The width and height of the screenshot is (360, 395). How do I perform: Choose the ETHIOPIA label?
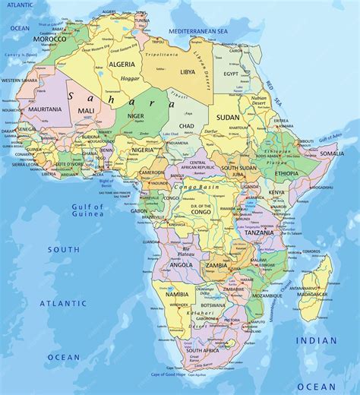(x=286, y=173)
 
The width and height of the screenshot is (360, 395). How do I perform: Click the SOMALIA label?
(x=331, y=153)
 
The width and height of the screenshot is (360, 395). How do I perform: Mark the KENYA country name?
(x=277, y=193)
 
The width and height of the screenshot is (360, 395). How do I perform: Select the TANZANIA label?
(x=259, y=232)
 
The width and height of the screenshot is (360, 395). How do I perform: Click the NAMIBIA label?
(x=177, y=294)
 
